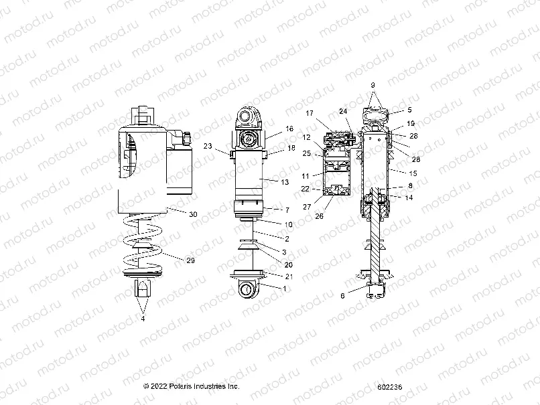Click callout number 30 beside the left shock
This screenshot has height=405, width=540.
[x=193, y=214]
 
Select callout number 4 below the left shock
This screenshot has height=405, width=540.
[x=142, y=319]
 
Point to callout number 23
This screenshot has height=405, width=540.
[x=208, y=146]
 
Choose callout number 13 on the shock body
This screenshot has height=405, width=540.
[x=287, y=181]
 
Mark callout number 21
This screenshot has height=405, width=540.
[x=289, y=276]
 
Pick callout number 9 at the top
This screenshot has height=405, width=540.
[x=373, y=86]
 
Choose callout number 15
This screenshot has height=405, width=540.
[x=413, y=173]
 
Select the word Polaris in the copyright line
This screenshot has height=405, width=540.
[x=180, y=387]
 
